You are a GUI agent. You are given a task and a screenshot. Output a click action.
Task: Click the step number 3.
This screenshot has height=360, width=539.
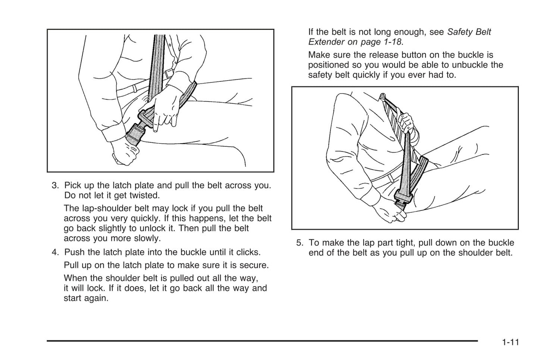point(55,185)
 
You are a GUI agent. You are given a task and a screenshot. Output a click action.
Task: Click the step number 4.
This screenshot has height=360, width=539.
point(55,252)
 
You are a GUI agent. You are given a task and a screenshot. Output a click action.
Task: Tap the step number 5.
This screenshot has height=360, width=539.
point(300,243)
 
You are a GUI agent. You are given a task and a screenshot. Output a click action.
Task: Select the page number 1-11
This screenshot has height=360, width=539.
point(510,342)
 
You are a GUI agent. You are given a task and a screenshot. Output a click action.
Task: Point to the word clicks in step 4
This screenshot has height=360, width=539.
point(248,252)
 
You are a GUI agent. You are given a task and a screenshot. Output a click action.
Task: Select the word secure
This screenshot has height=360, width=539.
point(255,265)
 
